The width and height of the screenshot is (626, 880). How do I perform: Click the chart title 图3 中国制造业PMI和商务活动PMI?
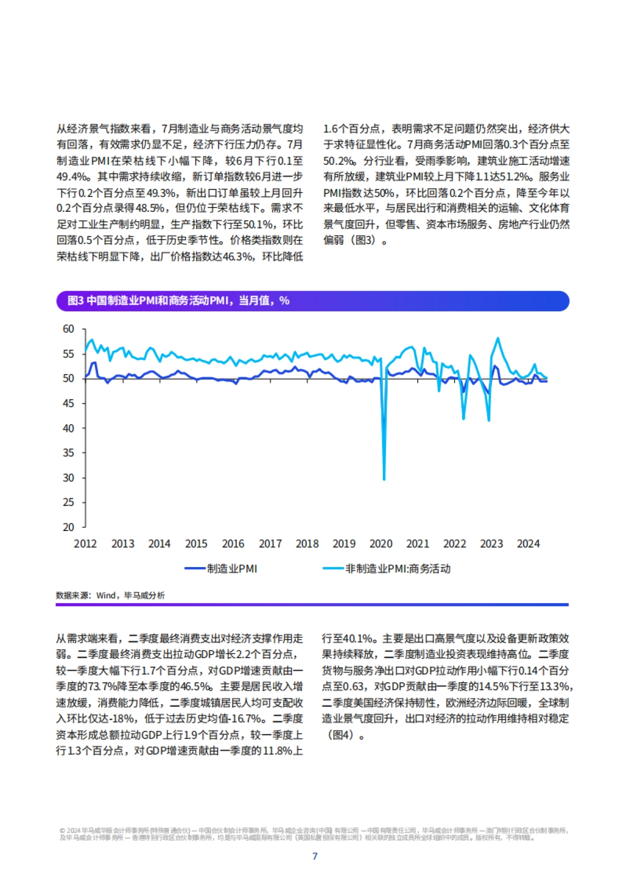[x=178, y=301]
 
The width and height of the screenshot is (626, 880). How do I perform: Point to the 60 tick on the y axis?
[x=68, y=329]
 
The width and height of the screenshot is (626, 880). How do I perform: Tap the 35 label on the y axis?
[x=68, y=453]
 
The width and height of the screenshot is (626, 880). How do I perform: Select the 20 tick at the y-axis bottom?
[x=68, y=527]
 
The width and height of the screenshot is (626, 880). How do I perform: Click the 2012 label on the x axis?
[x=85, y=544]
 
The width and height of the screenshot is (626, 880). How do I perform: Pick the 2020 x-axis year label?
[x=381, y=544]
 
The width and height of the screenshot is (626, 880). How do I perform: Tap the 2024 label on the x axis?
[x=528, y=544]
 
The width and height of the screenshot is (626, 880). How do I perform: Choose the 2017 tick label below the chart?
[x=270, y=544]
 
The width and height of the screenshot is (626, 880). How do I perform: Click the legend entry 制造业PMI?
[x=232, y=569]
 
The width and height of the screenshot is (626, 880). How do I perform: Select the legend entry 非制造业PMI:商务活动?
[x=398, y=569]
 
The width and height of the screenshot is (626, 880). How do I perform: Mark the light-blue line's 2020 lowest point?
[x=384, y=479]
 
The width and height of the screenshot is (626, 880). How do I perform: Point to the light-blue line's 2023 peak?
[x=498, y=338]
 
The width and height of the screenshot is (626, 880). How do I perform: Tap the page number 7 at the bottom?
[x=315, y=856]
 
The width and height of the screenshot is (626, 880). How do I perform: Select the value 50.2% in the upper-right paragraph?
[x=339, y=161]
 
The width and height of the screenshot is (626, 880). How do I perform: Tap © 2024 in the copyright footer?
[x=69, y=830]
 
